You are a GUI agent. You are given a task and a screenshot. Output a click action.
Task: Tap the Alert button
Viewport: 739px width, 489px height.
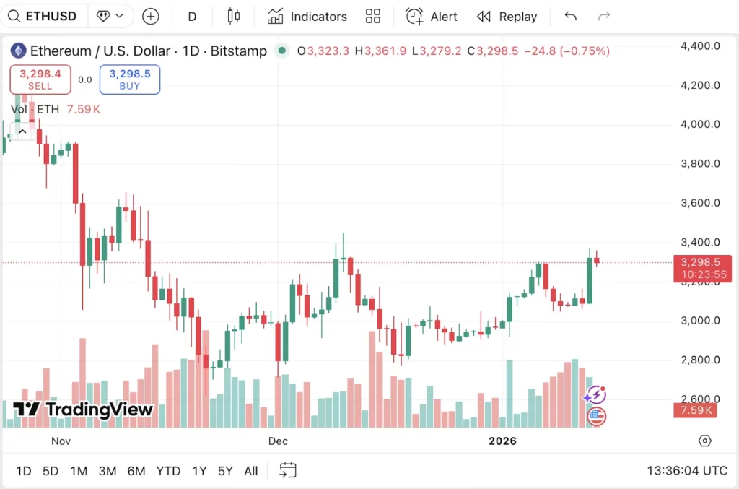click(x=432, y=16)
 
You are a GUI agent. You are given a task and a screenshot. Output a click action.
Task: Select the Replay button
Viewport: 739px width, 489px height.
click(x=507, y=16)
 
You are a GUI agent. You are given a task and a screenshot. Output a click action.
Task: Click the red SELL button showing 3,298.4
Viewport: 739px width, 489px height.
click(x=40, y=79)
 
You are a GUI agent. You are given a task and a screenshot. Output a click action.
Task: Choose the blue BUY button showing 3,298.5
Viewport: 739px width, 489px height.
click(x=130, y=79)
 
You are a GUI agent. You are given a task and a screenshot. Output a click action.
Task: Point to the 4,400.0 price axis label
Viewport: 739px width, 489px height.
click(x=700, y=46)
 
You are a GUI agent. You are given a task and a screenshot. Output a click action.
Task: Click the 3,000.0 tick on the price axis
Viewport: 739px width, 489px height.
click(x=700, y=321)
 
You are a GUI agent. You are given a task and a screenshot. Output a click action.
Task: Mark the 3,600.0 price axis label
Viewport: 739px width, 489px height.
click(x=700, y=203)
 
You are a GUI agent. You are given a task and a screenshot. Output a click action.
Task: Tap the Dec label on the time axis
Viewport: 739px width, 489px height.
click(x=278, y=441)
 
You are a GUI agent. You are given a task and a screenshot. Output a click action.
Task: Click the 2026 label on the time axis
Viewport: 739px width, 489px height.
click(x=502, y=441)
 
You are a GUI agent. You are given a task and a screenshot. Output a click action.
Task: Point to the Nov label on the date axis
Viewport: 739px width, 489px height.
click(x=61, y=441)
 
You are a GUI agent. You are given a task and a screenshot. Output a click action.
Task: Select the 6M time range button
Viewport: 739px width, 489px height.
click(x=136, y=471)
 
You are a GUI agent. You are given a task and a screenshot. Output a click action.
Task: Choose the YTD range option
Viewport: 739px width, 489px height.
click(x=168, y=471)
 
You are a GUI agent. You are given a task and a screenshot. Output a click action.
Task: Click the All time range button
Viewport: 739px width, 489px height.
click(x=250, y=471)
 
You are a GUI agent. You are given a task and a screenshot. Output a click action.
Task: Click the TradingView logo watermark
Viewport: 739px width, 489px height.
click(x=84, y=410)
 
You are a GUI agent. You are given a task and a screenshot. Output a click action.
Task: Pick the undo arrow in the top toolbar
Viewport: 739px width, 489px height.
click(x=570, y=16)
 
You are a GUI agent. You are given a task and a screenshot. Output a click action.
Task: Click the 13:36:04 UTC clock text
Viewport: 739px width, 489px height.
click(x=686, y=471)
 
